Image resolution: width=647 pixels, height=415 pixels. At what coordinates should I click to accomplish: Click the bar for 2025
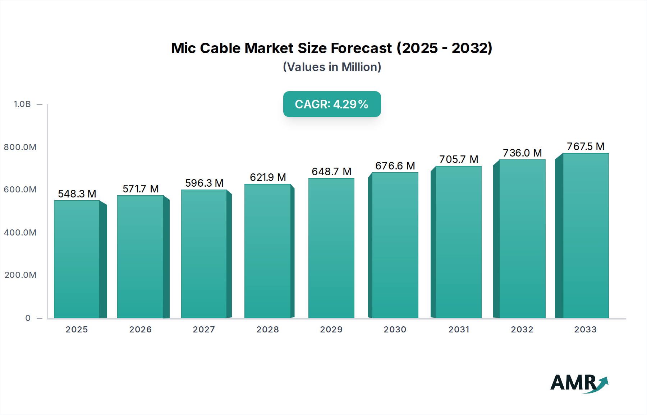tap(77, 259)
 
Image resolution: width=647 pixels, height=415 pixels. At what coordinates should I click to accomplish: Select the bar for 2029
tap(331, 248)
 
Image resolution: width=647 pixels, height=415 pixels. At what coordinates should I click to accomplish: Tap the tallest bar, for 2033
tap(586, 236)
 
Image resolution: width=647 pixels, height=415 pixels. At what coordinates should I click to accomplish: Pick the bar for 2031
tap(458, 242)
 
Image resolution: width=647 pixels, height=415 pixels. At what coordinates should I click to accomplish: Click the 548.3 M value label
tap(77, 194)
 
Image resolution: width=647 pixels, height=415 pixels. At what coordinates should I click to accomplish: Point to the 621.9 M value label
tap(268, 177)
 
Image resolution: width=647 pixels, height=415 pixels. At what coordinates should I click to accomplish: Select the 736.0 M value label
tap(522, 153)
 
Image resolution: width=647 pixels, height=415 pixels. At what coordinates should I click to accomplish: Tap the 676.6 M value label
tap(395, 166)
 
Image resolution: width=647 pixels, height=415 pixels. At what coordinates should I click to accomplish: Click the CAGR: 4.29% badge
tap(332, 104)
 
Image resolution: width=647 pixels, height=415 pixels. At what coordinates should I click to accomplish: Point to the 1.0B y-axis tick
tap(22, 104)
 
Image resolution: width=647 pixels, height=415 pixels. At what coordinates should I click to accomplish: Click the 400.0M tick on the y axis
tap(20, 233)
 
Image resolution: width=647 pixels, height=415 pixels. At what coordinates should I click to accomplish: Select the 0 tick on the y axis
tap(28, 318)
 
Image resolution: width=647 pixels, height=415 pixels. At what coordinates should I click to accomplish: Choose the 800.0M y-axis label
tap(20, 147)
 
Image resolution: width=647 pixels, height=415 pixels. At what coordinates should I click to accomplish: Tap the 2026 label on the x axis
tap(140, 330)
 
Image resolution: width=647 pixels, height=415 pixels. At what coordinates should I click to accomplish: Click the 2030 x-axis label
tap(395, 330)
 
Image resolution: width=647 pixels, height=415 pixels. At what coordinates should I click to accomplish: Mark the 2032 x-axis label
tap(522, 330)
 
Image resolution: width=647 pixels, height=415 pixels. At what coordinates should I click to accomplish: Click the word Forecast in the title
tap(361, 48)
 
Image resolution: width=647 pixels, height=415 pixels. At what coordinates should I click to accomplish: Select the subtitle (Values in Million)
tap(332, 67)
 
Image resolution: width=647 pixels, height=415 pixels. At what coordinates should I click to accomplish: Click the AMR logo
tap(579, 383)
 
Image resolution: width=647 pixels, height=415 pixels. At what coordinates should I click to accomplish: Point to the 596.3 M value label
tap(204, 183)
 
